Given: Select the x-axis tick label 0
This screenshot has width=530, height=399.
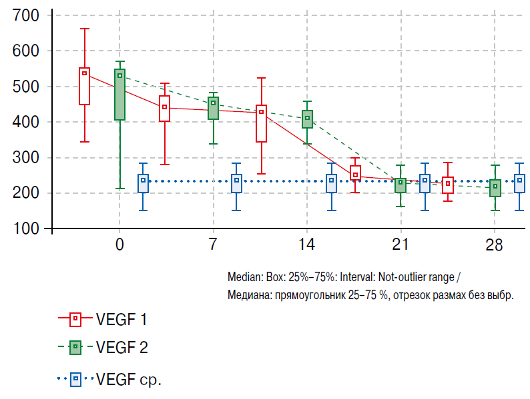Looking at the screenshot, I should tap(119, 244).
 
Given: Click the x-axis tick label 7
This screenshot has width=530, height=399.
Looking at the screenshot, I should tap(213, 244).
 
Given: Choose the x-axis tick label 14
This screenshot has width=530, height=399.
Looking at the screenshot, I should tap(306, 244).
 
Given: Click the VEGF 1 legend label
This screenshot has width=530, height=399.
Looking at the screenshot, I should tap(121, 319).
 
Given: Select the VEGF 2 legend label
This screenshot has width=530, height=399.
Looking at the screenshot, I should tap(121, 347).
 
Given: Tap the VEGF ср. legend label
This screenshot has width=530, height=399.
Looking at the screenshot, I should tap(129, 380).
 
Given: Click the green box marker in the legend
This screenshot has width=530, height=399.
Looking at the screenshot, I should tap(75, 347).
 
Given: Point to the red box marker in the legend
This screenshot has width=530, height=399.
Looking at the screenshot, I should tap(75, 319).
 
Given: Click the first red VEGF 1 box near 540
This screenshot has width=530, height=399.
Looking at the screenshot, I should tap(85, 87).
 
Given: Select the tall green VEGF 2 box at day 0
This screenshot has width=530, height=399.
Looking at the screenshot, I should tap(119, 95).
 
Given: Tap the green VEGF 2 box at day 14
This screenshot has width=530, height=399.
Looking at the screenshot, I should tap(307, 119).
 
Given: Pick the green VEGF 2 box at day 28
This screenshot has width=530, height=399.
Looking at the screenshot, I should tap(495, 188).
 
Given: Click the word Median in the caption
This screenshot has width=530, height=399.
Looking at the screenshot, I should tap(243, 276).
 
